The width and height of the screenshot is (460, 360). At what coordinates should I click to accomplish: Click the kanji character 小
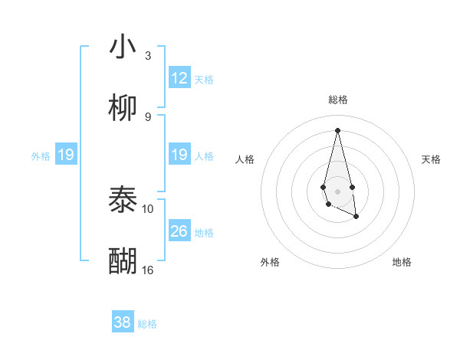[123, 47]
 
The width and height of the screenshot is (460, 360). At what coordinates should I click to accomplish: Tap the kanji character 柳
[123, 109]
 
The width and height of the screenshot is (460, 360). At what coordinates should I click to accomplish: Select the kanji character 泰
[123, 201]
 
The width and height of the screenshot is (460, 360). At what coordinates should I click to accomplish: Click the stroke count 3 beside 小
[148, 55]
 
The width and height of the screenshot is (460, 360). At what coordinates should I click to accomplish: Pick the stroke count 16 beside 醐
[148, 270]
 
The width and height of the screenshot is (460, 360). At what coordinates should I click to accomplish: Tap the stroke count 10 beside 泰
[148, 208]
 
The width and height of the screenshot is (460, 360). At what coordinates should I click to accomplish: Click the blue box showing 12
[179, 78]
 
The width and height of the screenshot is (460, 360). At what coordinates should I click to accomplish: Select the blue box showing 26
[179, 231]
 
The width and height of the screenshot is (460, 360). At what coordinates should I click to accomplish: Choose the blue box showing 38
[123, 322]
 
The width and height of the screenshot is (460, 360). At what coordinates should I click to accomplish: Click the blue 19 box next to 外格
[65, 155]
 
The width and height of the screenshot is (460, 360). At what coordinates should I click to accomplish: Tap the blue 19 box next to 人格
[179, 155]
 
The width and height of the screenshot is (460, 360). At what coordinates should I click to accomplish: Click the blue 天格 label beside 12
[204, 79]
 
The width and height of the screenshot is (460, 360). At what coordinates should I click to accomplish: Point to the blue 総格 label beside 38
[147, 323]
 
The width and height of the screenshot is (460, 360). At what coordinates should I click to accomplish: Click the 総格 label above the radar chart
[338, 100]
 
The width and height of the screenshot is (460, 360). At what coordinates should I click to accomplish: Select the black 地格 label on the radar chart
[402, 262]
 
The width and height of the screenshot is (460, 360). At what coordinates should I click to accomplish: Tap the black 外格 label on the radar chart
[270, 262]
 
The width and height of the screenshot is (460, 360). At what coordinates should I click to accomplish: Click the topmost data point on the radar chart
[338, 129]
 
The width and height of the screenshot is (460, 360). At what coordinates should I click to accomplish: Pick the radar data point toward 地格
[356, 217]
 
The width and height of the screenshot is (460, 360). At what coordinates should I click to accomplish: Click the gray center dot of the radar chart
[338, 191]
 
